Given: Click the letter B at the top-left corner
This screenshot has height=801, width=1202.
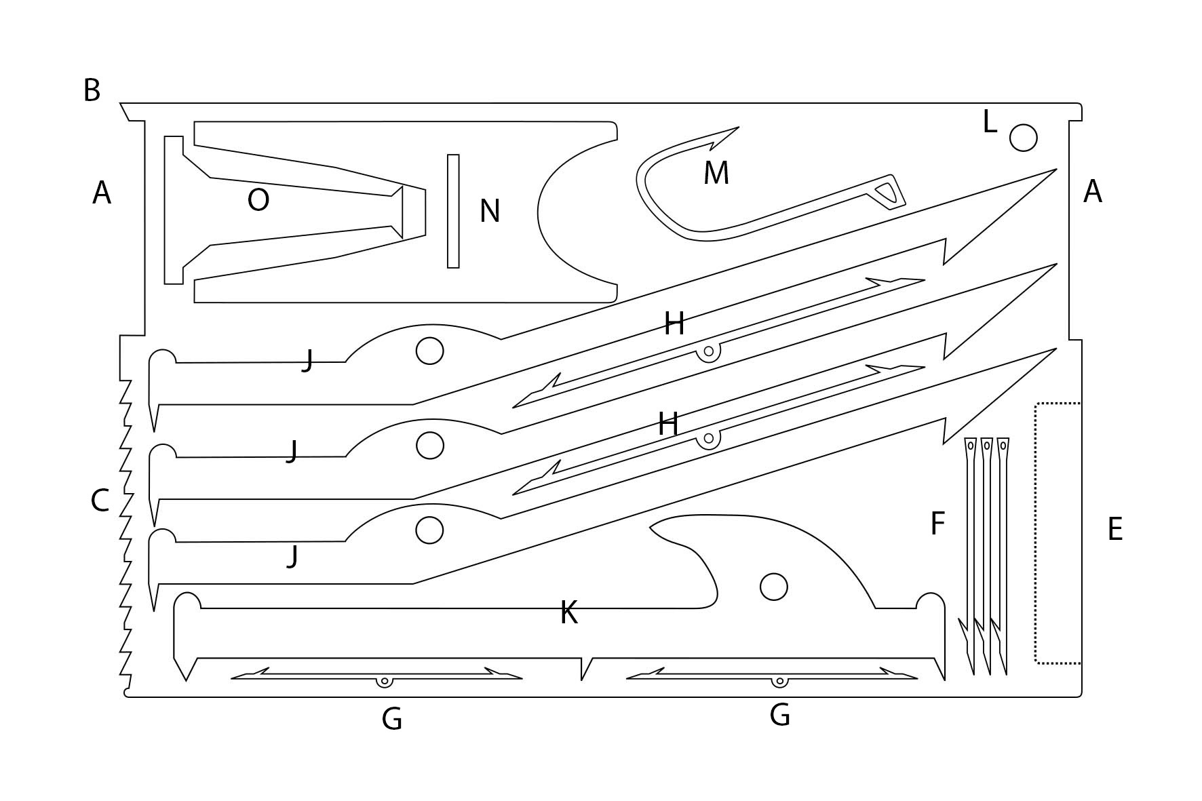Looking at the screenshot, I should coord(92,90).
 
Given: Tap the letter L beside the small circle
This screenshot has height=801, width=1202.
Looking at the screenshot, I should coord(990,123).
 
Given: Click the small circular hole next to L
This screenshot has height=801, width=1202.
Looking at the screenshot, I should coord(1023,138).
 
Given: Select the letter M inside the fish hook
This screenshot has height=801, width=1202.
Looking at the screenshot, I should coord(716,174).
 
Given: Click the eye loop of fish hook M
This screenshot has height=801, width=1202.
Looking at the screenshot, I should coord(889,192).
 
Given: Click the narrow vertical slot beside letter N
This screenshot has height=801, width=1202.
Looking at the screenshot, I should coord(453,211).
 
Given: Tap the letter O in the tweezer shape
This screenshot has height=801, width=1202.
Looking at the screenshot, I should coord(258,200).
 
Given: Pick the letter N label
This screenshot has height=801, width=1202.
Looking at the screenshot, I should coord(490,212).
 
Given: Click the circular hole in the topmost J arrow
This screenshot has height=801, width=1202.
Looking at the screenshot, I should coord(429,351).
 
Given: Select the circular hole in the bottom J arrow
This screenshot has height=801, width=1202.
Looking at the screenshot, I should coord(429,530).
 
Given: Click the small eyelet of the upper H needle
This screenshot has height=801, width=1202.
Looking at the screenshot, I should coord(709,351).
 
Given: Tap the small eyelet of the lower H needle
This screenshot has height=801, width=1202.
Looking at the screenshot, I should coord(709,438).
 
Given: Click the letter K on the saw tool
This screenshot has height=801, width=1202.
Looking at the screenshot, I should coord(568,613).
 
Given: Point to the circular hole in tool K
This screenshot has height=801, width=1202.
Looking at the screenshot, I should coord(773,587).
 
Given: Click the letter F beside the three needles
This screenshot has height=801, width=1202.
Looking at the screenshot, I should coord(937,524).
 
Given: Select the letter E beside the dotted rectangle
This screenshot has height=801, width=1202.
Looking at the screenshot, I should coord(1114,530).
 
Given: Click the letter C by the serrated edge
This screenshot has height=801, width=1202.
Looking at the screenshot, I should coord(100,501).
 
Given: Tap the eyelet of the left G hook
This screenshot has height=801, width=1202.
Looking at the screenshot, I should coord(385,681).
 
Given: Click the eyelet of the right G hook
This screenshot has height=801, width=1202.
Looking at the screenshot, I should coord(780,681).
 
